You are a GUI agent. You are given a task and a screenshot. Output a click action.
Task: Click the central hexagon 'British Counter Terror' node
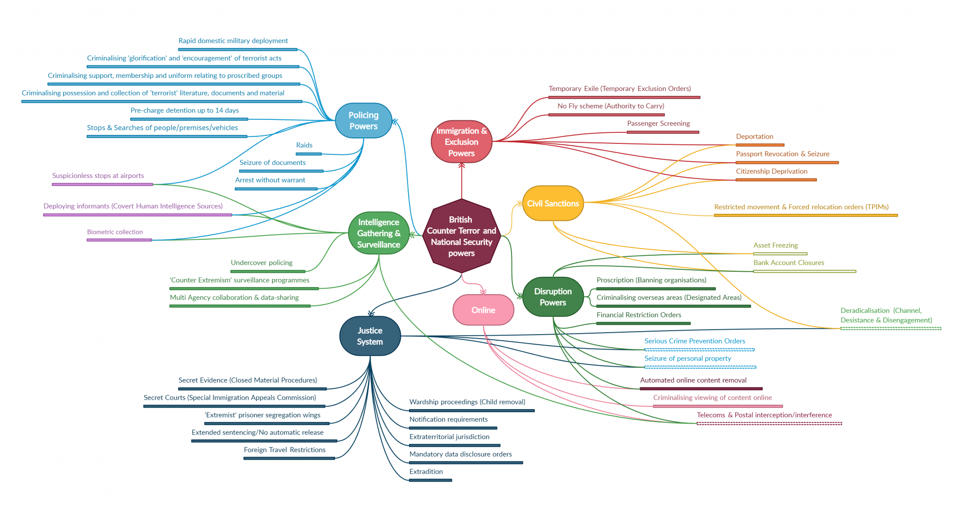[461, 236]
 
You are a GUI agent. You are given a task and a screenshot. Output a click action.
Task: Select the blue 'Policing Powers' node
[363, 120]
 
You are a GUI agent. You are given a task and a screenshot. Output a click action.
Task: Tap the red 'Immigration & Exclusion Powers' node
[461, 142]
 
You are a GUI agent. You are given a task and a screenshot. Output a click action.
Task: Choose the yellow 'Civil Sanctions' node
[552, 203]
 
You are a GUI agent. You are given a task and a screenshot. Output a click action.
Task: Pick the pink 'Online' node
[483, 310]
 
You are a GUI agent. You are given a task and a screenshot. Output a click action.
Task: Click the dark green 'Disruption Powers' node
[552, 297]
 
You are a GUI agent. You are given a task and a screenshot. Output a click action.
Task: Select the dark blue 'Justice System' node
[370, 336]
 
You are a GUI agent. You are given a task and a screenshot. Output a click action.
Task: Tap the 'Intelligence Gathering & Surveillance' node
[378, 233]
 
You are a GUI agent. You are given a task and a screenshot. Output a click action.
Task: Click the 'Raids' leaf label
[304, 145]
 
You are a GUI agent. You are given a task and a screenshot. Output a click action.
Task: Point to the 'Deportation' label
[754, 137]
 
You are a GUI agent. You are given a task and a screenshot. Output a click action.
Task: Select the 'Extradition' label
[426, 472]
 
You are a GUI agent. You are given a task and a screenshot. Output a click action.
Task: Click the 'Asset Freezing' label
[775, 245]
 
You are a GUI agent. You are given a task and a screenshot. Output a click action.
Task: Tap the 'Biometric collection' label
[114, 232]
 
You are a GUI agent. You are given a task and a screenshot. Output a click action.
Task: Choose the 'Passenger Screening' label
[658, 123]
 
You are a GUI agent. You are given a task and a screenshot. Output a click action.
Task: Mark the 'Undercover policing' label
[261, 263]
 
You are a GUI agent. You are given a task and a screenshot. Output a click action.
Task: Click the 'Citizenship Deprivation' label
[771, 171]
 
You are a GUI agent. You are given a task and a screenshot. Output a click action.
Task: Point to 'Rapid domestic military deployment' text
[233, 41]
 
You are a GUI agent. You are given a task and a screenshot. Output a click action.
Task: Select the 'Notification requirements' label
[448, 420]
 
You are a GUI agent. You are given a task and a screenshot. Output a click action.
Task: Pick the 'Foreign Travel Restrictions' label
[284, 450]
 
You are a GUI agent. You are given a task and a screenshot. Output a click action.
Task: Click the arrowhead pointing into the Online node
[482, 291]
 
